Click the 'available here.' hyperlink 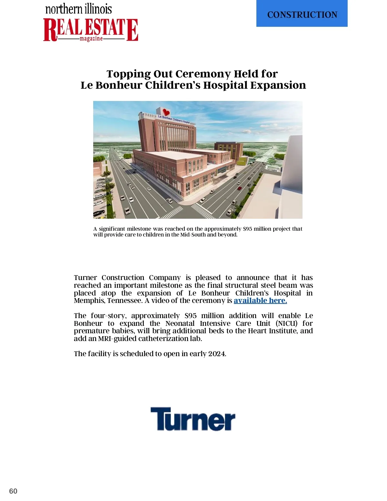pyautogui.click(x=260, y=301)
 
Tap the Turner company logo pyautogui.click(x=193, y=419)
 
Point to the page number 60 pyautogui.click(x=13, y=491)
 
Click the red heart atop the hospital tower pyautogui.click(x=166, y=112)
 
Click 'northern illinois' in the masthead pyautogui.click(x=79, y=9)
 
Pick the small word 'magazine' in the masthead pyautogui.click(x=91, y=39)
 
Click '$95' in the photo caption pyautogui.click(x=247, y=229)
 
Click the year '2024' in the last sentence pyautogui.click(x=217, y=354)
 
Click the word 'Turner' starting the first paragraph pyautogui.click(x=85, y=278)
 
